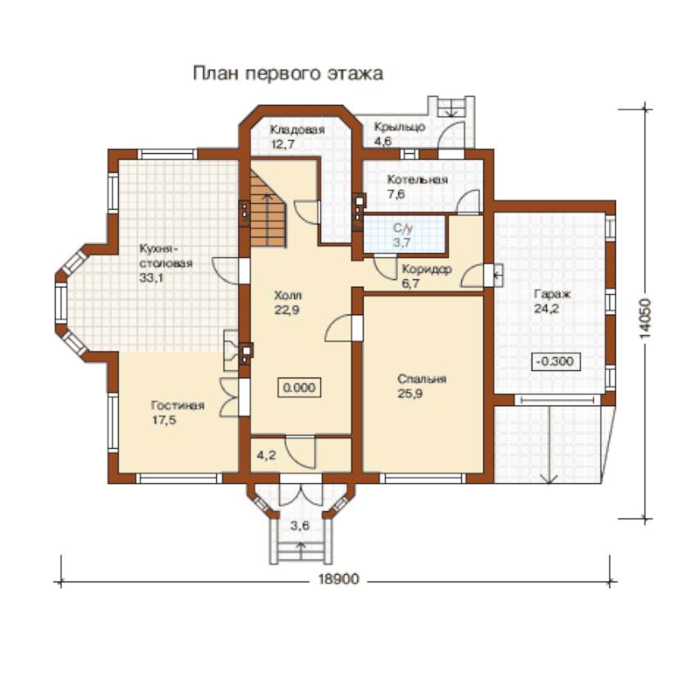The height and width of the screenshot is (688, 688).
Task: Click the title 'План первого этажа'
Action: click(x=287, y=74)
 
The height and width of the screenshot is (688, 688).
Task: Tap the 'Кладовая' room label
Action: click(x=297, y=130)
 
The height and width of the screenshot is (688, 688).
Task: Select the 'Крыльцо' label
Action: click(x=400, y=127)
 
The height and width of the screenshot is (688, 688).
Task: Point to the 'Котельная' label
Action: click(x=417, y=179)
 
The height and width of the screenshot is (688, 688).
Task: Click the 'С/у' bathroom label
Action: click(x=403, y=229)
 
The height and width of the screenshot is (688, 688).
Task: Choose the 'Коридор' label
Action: click(x=427, y=269)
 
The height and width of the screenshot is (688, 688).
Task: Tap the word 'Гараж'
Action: click(x=552, y=294)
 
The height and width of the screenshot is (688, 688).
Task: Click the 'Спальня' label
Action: click(x=422, y=379)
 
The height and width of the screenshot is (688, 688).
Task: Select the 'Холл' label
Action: click(x=287, y=295)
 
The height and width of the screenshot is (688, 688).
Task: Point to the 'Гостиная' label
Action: click(x=178, y=405)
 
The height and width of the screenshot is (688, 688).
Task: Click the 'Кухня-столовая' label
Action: click(x=165, y=256)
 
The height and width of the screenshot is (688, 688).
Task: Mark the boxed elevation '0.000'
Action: click(x=299, y=387)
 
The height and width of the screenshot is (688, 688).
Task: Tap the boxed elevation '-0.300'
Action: click(x=555, y=361)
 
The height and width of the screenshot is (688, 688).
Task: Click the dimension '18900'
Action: click(x=338, y=579)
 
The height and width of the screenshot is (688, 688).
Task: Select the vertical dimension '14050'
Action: click(x=645, y=319)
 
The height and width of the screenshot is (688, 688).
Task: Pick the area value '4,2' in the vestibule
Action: click(x=266, y=455)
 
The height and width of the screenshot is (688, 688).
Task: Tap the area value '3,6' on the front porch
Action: click(x=300, y=525)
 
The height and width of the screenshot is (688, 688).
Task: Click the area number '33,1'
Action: click(x=152, y=278)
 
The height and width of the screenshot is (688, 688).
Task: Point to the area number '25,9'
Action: click(x=410, y=394)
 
